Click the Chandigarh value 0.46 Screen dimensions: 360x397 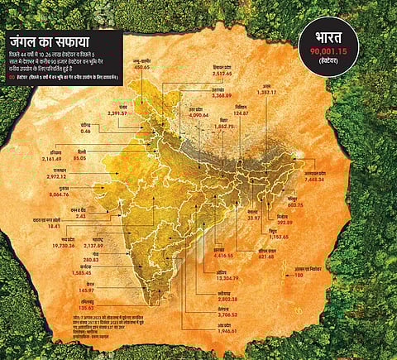(86, 131)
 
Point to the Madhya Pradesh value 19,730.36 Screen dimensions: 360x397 (69, 246)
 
